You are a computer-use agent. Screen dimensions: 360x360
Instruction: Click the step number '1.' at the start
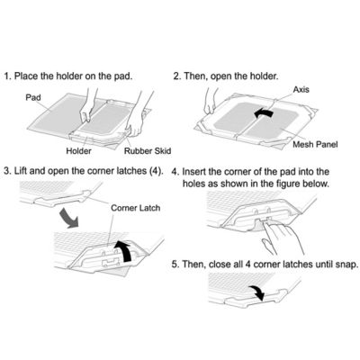(x=9, y=76)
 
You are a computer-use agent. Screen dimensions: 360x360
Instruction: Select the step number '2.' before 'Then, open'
(x=177, y=76)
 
